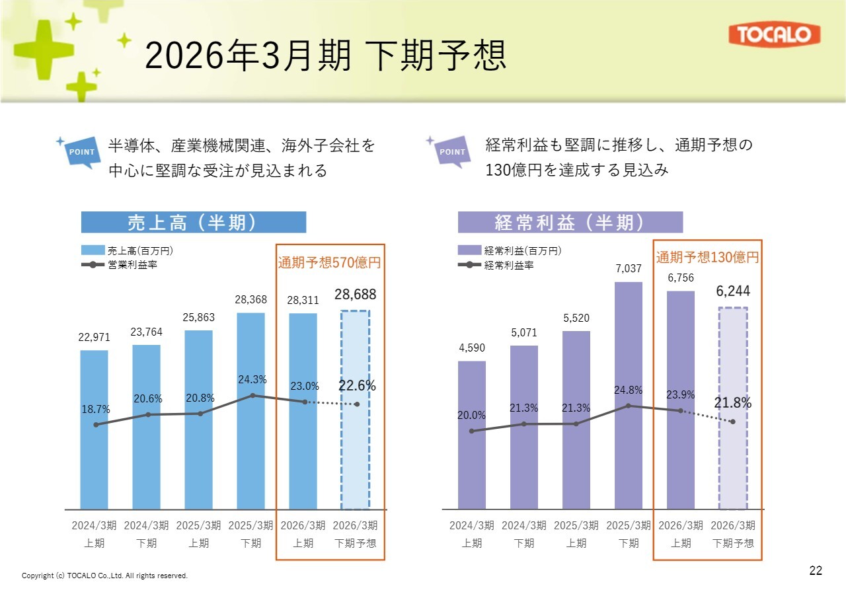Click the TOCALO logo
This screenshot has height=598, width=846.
point(774,35)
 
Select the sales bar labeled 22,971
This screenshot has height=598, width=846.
point(94,430)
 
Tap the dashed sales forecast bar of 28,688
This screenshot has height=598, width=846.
point(355,410)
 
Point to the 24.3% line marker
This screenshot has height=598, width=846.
point(252,395)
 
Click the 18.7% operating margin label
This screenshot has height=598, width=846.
point(96,410)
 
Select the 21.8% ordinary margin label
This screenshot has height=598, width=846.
point(733,402)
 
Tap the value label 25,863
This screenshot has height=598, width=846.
point(199,317)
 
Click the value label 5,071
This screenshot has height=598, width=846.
point(523,333)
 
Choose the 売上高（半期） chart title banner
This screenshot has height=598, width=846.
point(193,223)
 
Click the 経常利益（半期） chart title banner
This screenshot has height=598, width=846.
point(570,223)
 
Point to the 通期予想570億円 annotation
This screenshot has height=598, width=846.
point(329,262)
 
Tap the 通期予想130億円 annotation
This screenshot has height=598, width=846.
point(707,257)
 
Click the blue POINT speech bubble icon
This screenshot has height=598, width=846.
point(82,152)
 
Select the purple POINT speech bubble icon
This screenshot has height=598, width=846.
point(452,151)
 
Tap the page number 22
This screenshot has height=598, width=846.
point(816,571)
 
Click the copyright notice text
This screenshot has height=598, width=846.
point(104,576)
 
